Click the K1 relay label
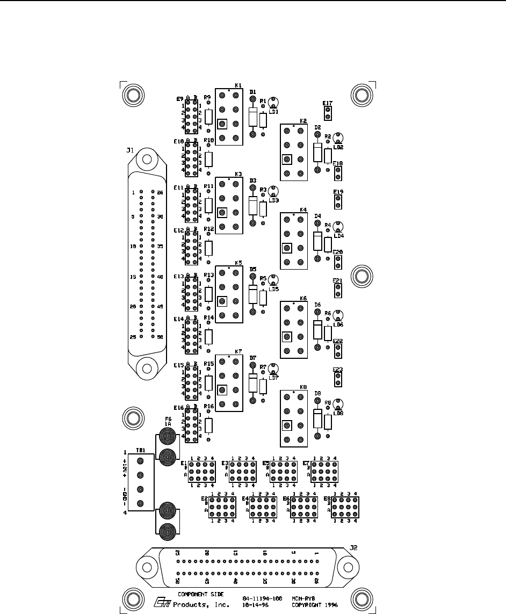pyautogui.click(x=238, y=85)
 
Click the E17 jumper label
pyautogui.click(x=327, y=103)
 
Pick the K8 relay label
pyautogui.click(x=303, y=387)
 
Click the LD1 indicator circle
pyautogui.click(x=273, y=101)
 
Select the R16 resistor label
pyautogui.click(x=208, y=407)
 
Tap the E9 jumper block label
pyautogui.click(x=180, y=99)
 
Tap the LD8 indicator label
pyautogui.click(x=338, y=413)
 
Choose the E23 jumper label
pyautogui.click(x=338, y=370)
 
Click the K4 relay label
pyautogui.click(x=303, y=210)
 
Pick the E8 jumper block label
pyautogui.click(x=327, y=499)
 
